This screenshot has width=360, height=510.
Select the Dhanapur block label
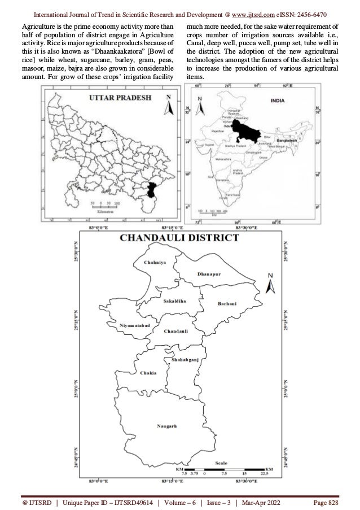click(209, 273)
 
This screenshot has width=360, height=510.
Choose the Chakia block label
click(147, 373)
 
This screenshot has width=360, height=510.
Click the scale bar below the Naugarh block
click(231, 469)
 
